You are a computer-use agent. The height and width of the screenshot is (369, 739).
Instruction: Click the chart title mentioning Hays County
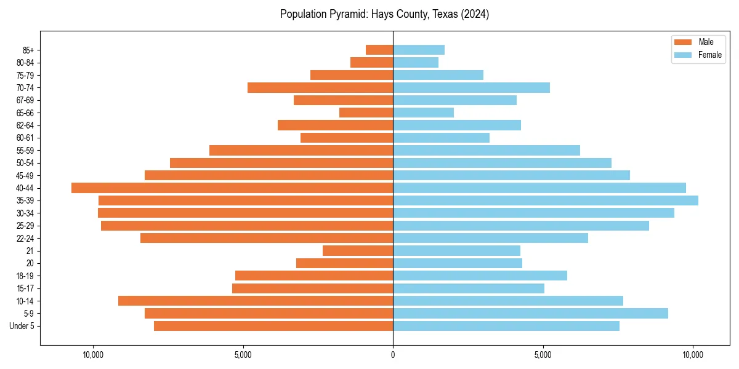[384, 14]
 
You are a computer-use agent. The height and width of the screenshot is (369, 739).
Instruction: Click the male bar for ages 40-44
[232, 188]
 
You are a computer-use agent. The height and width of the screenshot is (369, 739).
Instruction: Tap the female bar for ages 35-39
[546, 200]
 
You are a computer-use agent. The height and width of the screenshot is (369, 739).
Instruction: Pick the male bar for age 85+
[379, 50]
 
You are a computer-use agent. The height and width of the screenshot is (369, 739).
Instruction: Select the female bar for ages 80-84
[416, 62]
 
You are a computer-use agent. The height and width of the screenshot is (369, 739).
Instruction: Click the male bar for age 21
[358, 250]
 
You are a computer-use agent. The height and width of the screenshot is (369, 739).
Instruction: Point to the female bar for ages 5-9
[530, 313]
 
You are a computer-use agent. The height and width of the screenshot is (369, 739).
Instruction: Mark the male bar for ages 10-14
[256, 301]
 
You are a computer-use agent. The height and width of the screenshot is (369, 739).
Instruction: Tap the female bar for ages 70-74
[471, 87]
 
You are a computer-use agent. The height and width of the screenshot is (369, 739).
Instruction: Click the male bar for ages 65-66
[366, 113]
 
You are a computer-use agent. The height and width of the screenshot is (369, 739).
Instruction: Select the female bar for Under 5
[506, 326]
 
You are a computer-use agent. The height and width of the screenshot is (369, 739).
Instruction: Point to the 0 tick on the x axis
[393, 354]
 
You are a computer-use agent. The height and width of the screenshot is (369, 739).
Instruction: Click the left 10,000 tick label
[93, 354]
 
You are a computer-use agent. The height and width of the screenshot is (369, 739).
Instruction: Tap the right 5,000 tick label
[543, 354]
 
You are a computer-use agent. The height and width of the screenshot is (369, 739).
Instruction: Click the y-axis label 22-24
[25, 238]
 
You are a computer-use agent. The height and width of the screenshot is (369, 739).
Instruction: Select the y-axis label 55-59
[25, 150]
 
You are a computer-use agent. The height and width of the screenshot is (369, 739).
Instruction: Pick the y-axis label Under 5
[22, 326]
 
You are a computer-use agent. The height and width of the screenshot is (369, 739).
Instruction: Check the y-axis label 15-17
[25, 288]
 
